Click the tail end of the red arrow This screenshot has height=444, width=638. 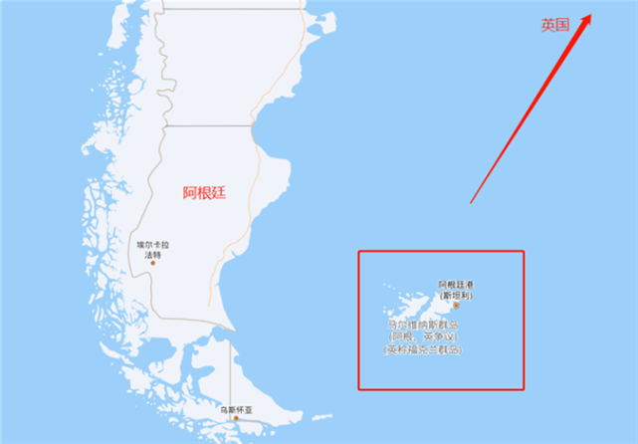pos(471,202)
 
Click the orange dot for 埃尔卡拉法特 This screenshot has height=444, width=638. pos(153,264)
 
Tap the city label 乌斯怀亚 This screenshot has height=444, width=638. pos(237,408)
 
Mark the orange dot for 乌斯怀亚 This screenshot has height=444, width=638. pos(237,418)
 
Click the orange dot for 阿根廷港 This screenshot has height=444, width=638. pos(457,306)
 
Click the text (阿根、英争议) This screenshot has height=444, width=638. pos(424,337)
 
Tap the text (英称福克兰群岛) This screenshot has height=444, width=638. pos(424,349)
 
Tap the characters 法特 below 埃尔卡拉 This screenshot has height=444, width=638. pos(153,254)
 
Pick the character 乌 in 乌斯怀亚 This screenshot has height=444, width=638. pos(224,408)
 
